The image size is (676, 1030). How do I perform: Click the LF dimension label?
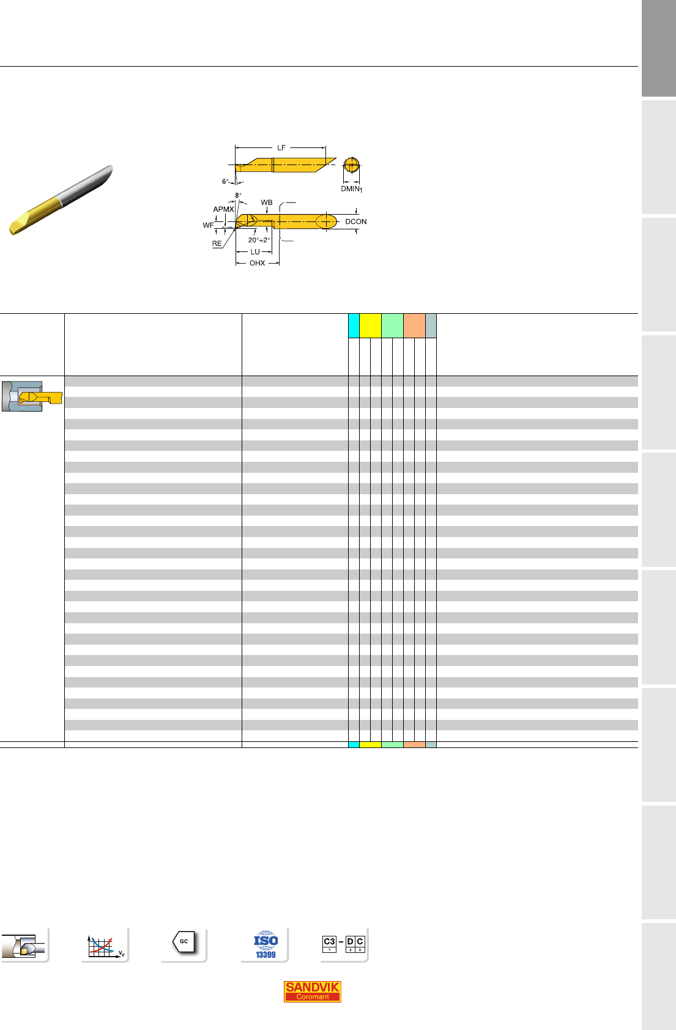[281, 147]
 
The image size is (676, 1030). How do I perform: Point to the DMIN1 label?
[351, 189]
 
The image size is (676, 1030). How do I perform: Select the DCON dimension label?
[356, 221]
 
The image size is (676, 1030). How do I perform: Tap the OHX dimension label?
[257, 263]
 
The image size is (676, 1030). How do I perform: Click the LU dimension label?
[254, 252]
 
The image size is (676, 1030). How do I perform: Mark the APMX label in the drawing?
[223, 209]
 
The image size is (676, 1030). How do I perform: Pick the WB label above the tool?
[267, 202]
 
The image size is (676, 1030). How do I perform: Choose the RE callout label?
[217, 243]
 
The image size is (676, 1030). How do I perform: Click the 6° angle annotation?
[225, 182]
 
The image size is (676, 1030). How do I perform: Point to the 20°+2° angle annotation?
[259, 240]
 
